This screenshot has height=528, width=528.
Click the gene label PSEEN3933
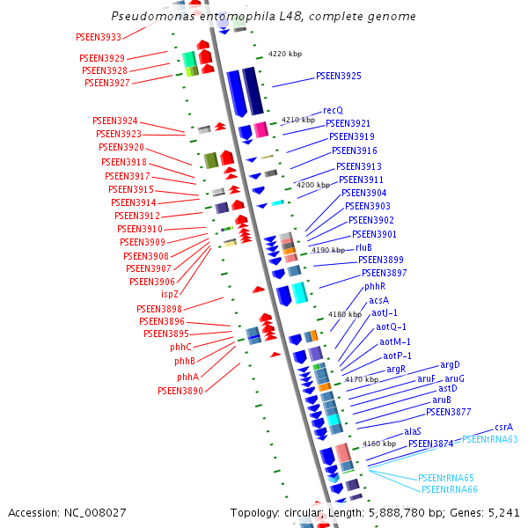99,37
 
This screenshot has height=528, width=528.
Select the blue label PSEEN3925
338,77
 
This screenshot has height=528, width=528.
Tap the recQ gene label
333,111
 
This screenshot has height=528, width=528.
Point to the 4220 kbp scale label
284,55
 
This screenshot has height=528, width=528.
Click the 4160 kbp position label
378,444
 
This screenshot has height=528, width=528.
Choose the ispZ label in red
168,294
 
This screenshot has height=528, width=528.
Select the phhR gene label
376,287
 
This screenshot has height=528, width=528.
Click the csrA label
503,427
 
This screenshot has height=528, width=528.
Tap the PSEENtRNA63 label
490,439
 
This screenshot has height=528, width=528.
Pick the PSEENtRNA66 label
449,489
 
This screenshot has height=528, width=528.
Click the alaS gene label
413,432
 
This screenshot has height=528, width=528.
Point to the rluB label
363,247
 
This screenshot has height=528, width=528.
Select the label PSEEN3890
180,391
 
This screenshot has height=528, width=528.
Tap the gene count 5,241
504,512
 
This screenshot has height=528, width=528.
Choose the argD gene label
451,364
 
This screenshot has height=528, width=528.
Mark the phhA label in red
187,377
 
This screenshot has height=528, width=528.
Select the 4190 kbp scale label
328,251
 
